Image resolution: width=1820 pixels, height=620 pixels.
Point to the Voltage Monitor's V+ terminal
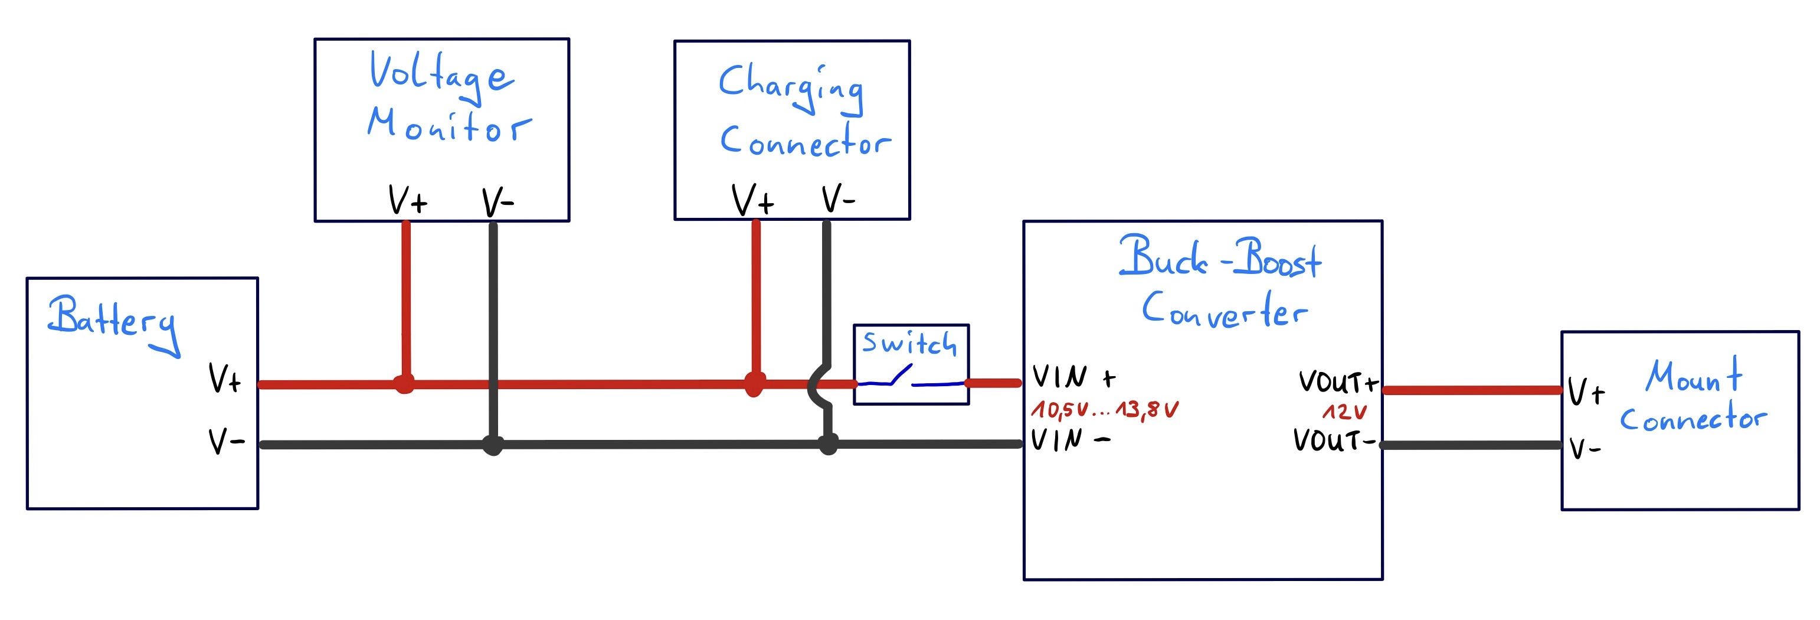click(x=408, y=200)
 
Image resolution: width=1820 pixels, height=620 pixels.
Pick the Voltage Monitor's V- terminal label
click(x=497, y=202)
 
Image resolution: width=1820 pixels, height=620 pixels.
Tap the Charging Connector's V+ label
click(x=752, y=200)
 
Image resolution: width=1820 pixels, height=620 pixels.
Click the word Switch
click(x=909, y=343)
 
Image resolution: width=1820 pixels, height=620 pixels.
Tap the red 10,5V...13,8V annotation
click(x=1104, y=409)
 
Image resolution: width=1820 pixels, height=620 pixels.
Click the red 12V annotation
click(x=1344, y=412)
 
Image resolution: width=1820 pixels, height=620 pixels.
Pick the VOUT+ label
click(x=1337, y=383)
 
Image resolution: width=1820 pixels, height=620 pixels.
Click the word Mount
click(x=1693, y=376)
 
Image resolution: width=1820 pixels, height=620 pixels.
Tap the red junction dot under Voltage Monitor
click(x=404, y=384)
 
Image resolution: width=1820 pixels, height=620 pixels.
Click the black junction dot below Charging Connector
click(x=828, y=445)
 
